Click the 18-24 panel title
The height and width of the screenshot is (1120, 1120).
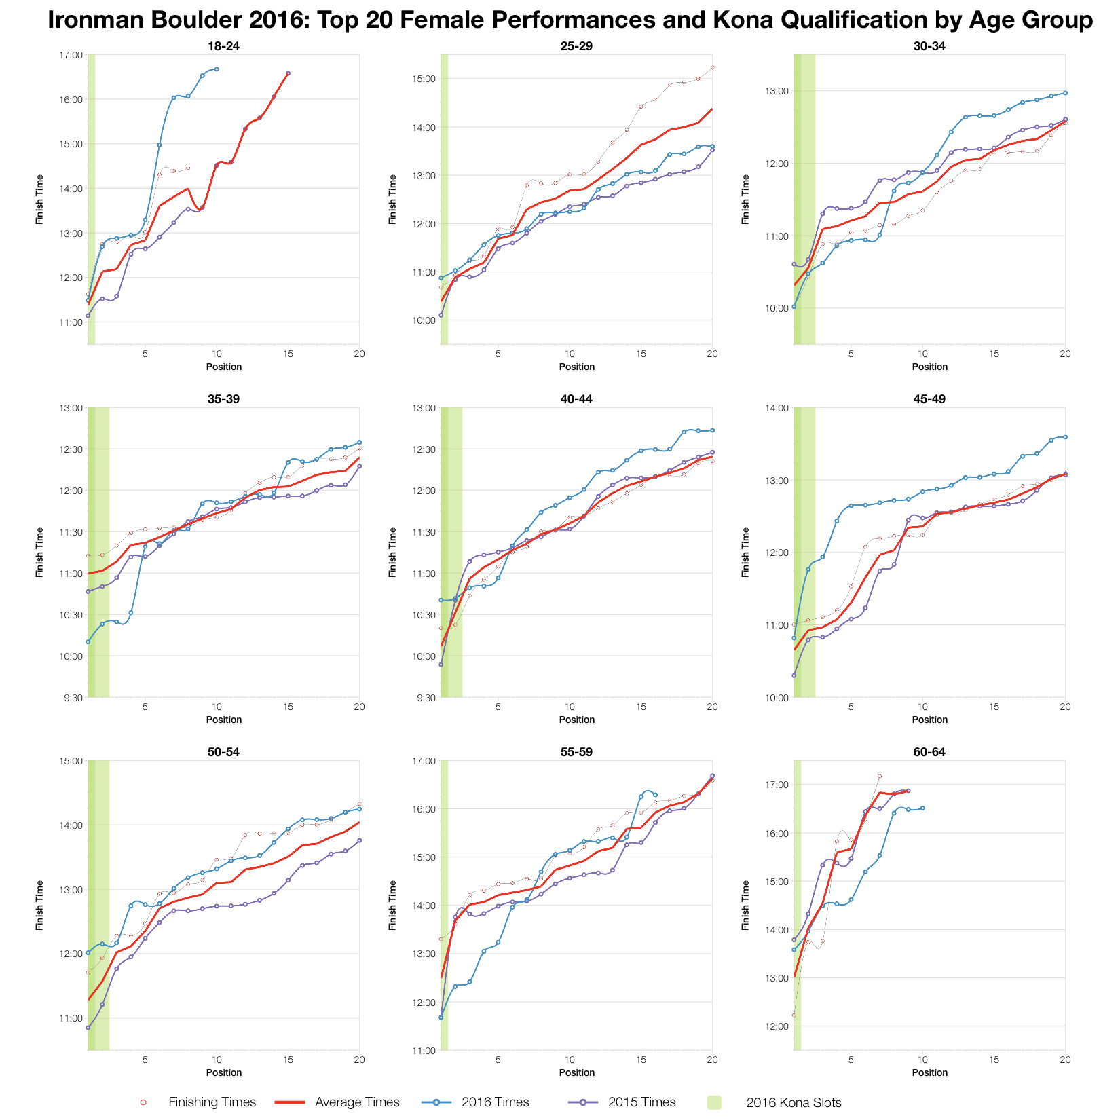(223, 47)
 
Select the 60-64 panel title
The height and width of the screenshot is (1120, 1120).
(929, 753)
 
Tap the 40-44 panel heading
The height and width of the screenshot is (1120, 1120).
(576, 400)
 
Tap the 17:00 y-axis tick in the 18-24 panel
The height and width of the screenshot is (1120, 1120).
(71, 55)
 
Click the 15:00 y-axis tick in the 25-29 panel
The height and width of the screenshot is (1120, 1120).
(424, 79)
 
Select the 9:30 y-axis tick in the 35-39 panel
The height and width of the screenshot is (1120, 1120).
(73, 698)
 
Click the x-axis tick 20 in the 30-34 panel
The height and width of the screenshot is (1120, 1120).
(1065, 354)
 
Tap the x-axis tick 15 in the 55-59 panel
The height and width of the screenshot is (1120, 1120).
(641, 1060)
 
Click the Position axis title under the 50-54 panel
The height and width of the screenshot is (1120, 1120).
(223, 1072)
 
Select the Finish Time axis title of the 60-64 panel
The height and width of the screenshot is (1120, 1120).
(745, 906)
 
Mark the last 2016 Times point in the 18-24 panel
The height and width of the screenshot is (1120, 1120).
(217, 69)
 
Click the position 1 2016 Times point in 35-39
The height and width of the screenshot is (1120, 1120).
(88, 641)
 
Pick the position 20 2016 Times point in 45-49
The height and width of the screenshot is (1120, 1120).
(1065, 437)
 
